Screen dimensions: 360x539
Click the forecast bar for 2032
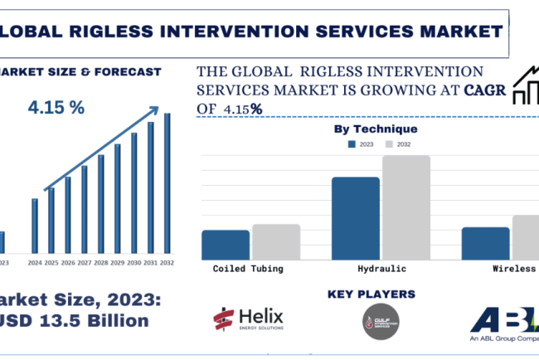click(167, 183)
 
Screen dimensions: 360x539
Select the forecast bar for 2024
click(35, 226)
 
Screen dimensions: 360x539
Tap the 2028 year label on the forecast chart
click(100, 263)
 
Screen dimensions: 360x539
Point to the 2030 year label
click(134, 263)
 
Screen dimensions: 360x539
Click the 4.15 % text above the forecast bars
click(57, 108)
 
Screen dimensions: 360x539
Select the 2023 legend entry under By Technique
click(362, 144)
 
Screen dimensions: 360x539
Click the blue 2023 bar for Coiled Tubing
click(226, 245)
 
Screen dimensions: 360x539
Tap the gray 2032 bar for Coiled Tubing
click(276, 241)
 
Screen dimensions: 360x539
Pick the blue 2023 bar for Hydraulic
click(355, 218)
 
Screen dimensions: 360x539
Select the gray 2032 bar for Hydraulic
click(406, 207)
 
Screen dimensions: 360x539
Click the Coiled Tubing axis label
click(248, 269)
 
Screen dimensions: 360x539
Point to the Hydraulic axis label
click(381, 269)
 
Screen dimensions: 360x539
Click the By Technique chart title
click(376, 129)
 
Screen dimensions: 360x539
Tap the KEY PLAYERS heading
click(371, 294)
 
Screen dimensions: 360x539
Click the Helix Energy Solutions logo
click(248, 319)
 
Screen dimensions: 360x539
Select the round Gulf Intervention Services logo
click(381, 322)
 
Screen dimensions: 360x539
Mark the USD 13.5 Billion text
click(75, 320)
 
